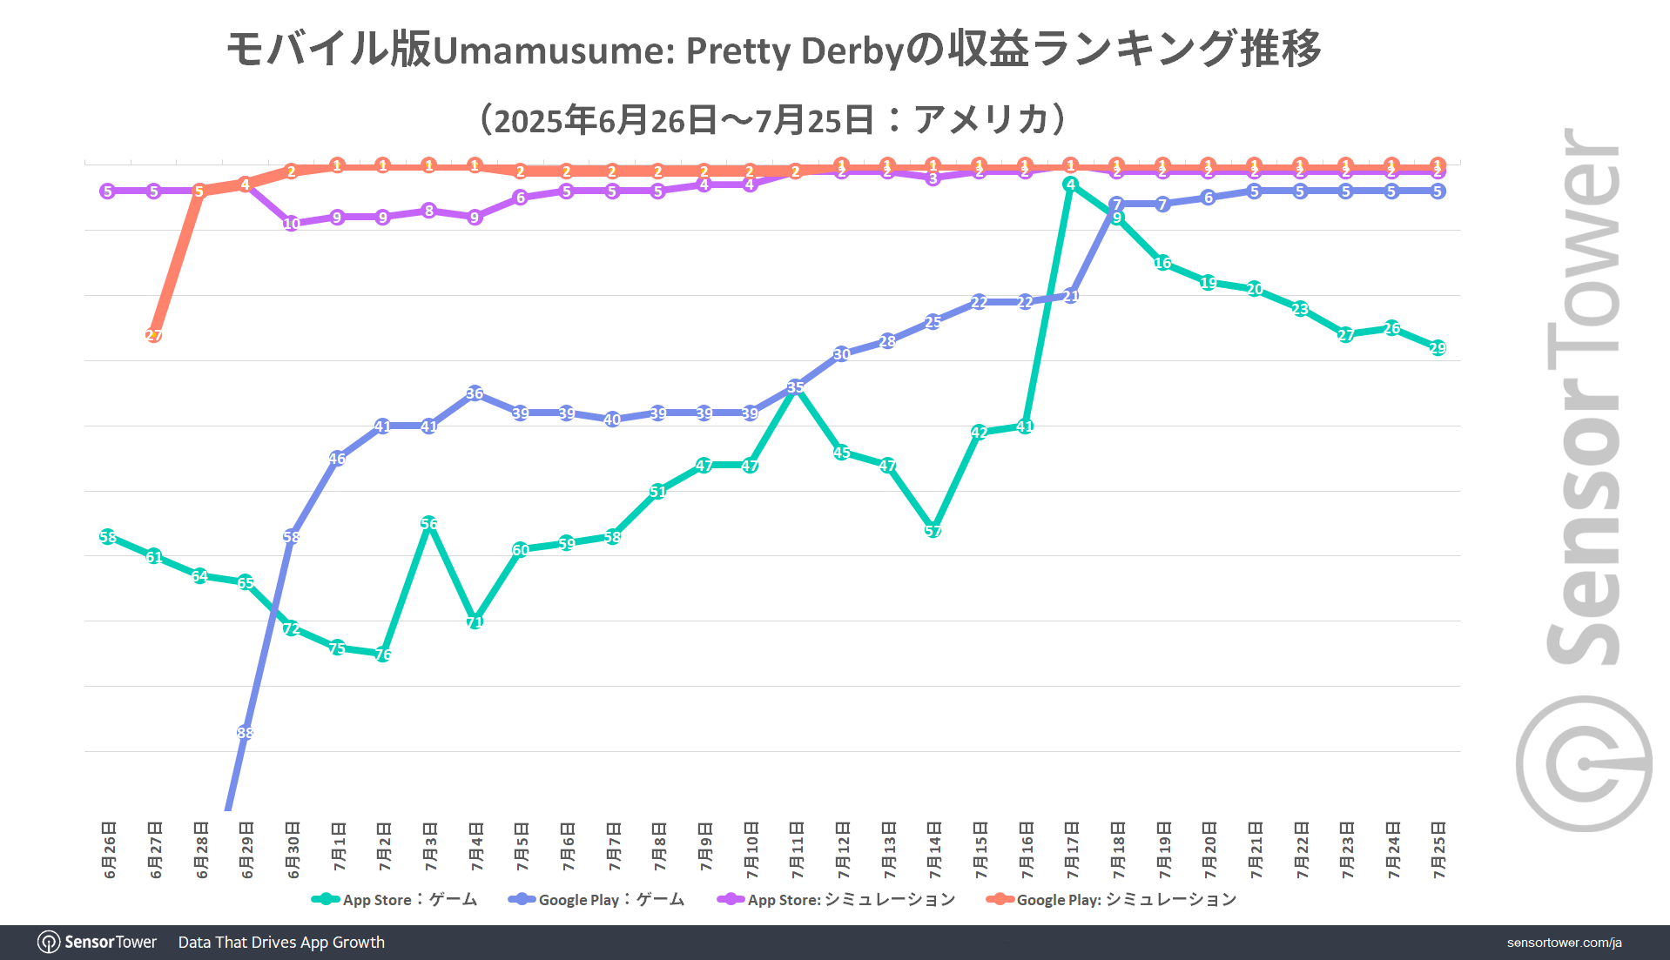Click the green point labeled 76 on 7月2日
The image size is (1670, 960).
click(x=383, y=654)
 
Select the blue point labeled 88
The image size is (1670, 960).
click(x=246, y=733)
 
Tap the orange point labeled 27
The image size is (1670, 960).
click(x=154, y=335)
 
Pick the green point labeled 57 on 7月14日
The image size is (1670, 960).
click(x=933, y=530)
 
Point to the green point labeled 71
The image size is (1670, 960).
click(x=475, y=621)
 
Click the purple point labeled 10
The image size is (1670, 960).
click(x=292, y=224)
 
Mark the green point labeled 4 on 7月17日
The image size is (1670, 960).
click(x=1071, y=185)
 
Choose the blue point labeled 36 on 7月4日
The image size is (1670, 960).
click(x=475, y=393)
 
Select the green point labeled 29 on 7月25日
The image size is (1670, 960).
click(x=1438, y=348)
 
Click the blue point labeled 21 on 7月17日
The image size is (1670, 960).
click(x=1071, y=296)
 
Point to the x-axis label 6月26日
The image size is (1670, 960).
click(x=109, y=849)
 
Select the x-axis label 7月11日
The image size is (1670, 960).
click(x=797, y=849)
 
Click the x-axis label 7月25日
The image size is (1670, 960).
click(x=1438, y=849)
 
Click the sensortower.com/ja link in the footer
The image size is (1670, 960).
click(x=1564, y=943)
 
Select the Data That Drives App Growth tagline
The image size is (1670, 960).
click(x=281, y=943)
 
